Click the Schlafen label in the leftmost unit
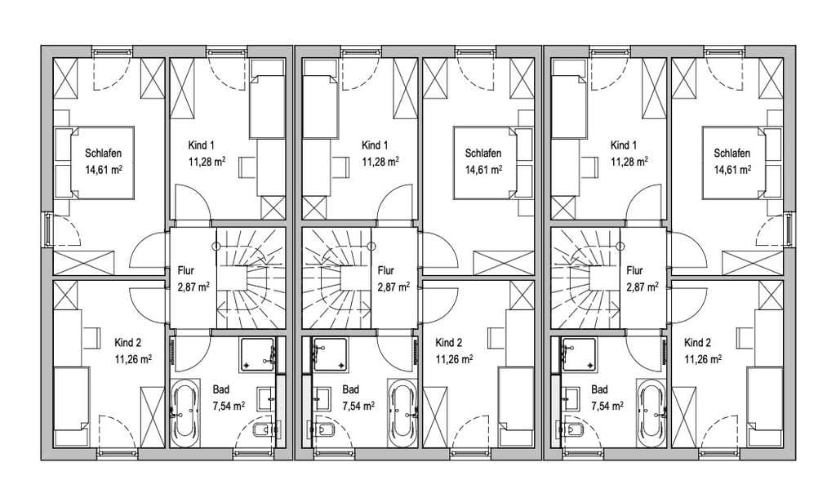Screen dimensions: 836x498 click(104, 153)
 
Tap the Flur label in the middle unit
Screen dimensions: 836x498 click(385, 270)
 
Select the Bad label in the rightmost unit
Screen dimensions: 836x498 click(599, 389)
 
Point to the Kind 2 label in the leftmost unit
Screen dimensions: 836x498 click(128, 343)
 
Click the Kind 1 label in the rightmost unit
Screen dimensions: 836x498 click(624, 145)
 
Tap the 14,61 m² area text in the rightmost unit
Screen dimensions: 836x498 click(732, 170)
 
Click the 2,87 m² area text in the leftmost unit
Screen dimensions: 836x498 click(193, 287)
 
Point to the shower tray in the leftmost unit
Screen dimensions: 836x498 click(257, 354)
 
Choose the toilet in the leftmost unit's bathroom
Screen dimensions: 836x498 click(264, 429)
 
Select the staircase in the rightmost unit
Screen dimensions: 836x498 click(585, 278)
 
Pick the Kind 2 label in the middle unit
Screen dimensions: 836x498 click(449, 343)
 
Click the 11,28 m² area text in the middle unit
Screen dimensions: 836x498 click(380, 162)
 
